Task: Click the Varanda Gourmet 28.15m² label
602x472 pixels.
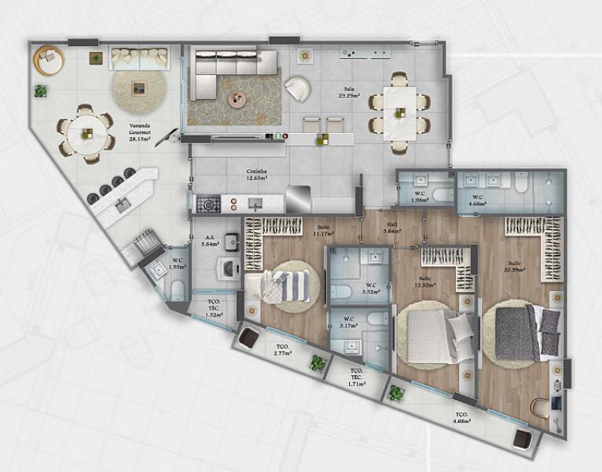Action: click(x=141, y=130)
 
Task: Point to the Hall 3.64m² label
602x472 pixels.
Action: click(x=391, y=228)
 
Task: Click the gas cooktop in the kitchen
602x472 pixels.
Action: click(x=207, y=205)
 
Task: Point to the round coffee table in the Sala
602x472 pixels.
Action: click(x=237, y=98)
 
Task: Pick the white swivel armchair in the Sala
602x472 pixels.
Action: click(x=298, y=88)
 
